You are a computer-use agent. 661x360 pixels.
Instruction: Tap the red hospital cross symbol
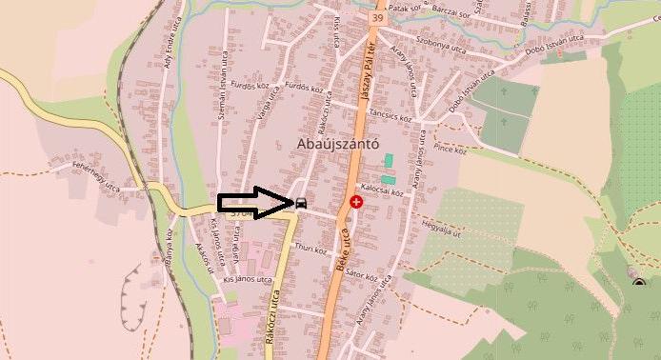click(x=356, y=202)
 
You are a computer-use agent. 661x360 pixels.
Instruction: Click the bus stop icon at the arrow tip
click(x=301, y=202)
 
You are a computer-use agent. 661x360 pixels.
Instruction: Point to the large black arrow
click(x=255, y=202)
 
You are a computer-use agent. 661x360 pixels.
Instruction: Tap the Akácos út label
click(x=200, y=254)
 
